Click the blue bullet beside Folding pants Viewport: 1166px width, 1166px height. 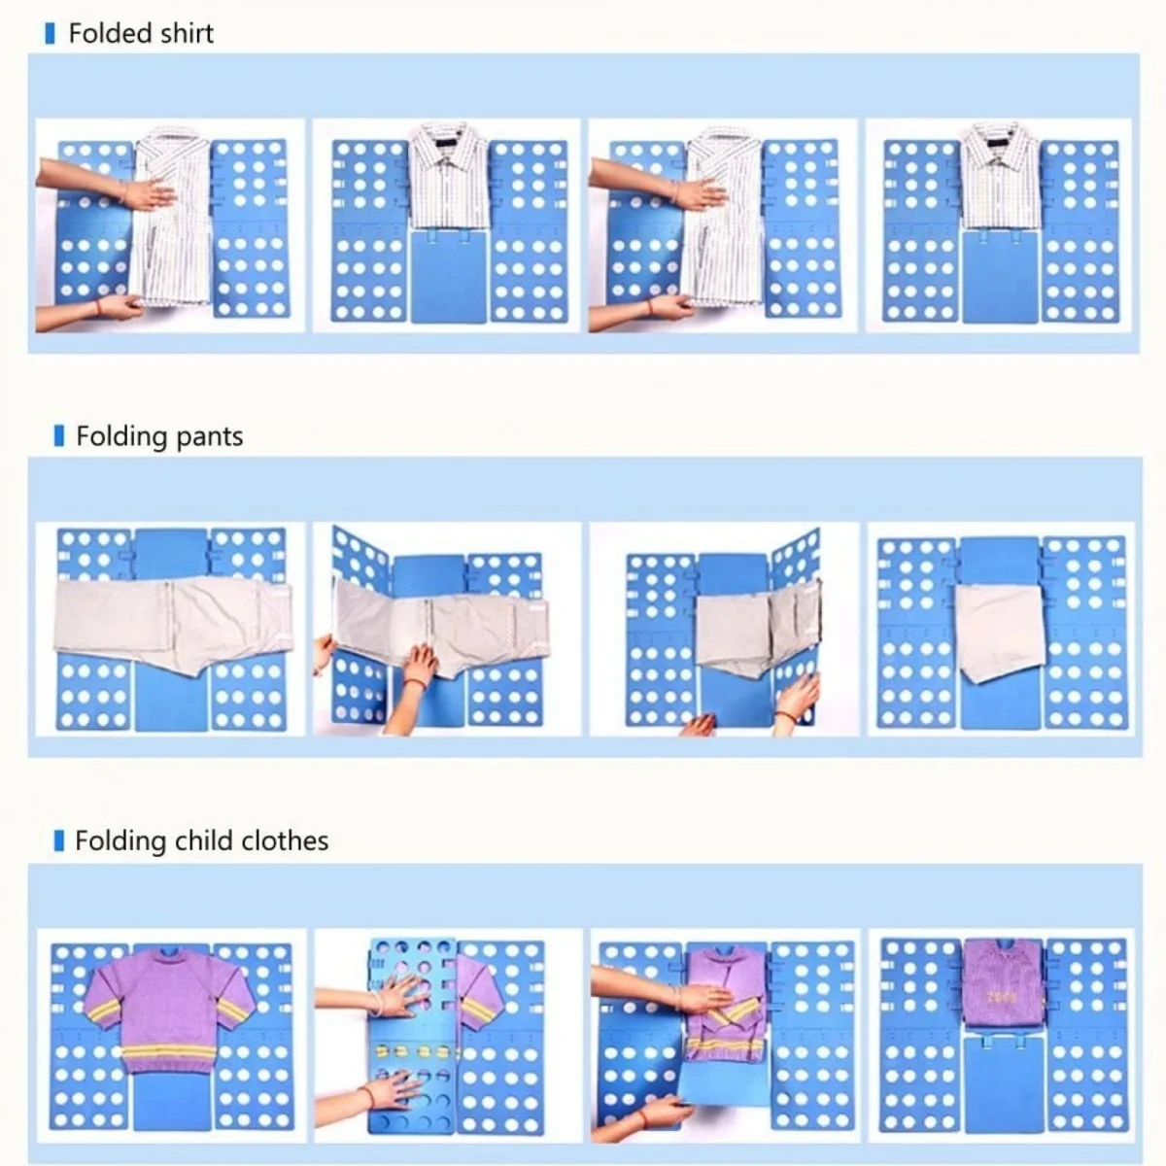click(59, 436)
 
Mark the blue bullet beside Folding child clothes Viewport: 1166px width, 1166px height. click(59, 840)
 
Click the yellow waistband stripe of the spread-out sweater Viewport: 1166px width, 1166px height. click(169, 1055)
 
